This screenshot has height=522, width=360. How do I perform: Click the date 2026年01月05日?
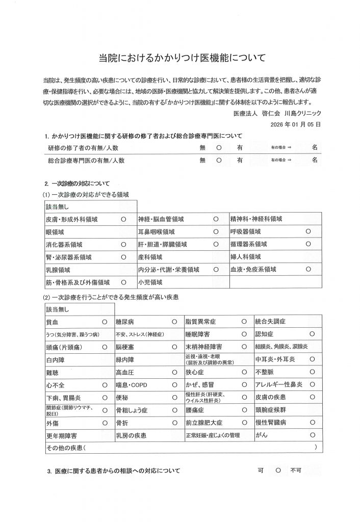coord(296,123)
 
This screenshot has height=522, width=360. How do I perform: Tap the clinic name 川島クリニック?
coord(303,113)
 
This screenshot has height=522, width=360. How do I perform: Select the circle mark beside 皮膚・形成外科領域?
coord(123,219)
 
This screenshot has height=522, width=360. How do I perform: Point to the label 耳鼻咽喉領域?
coord(157,231)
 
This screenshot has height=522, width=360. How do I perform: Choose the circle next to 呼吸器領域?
coord(308,231)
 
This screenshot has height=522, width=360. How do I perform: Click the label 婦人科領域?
coord(246,256)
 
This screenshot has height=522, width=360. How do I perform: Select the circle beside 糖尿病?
coord(174,322)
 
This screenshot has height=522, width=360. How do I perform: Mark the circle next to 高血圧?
coord(174,372)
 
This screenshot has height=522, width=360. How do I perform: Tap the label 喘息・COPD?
coord(132,385)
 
